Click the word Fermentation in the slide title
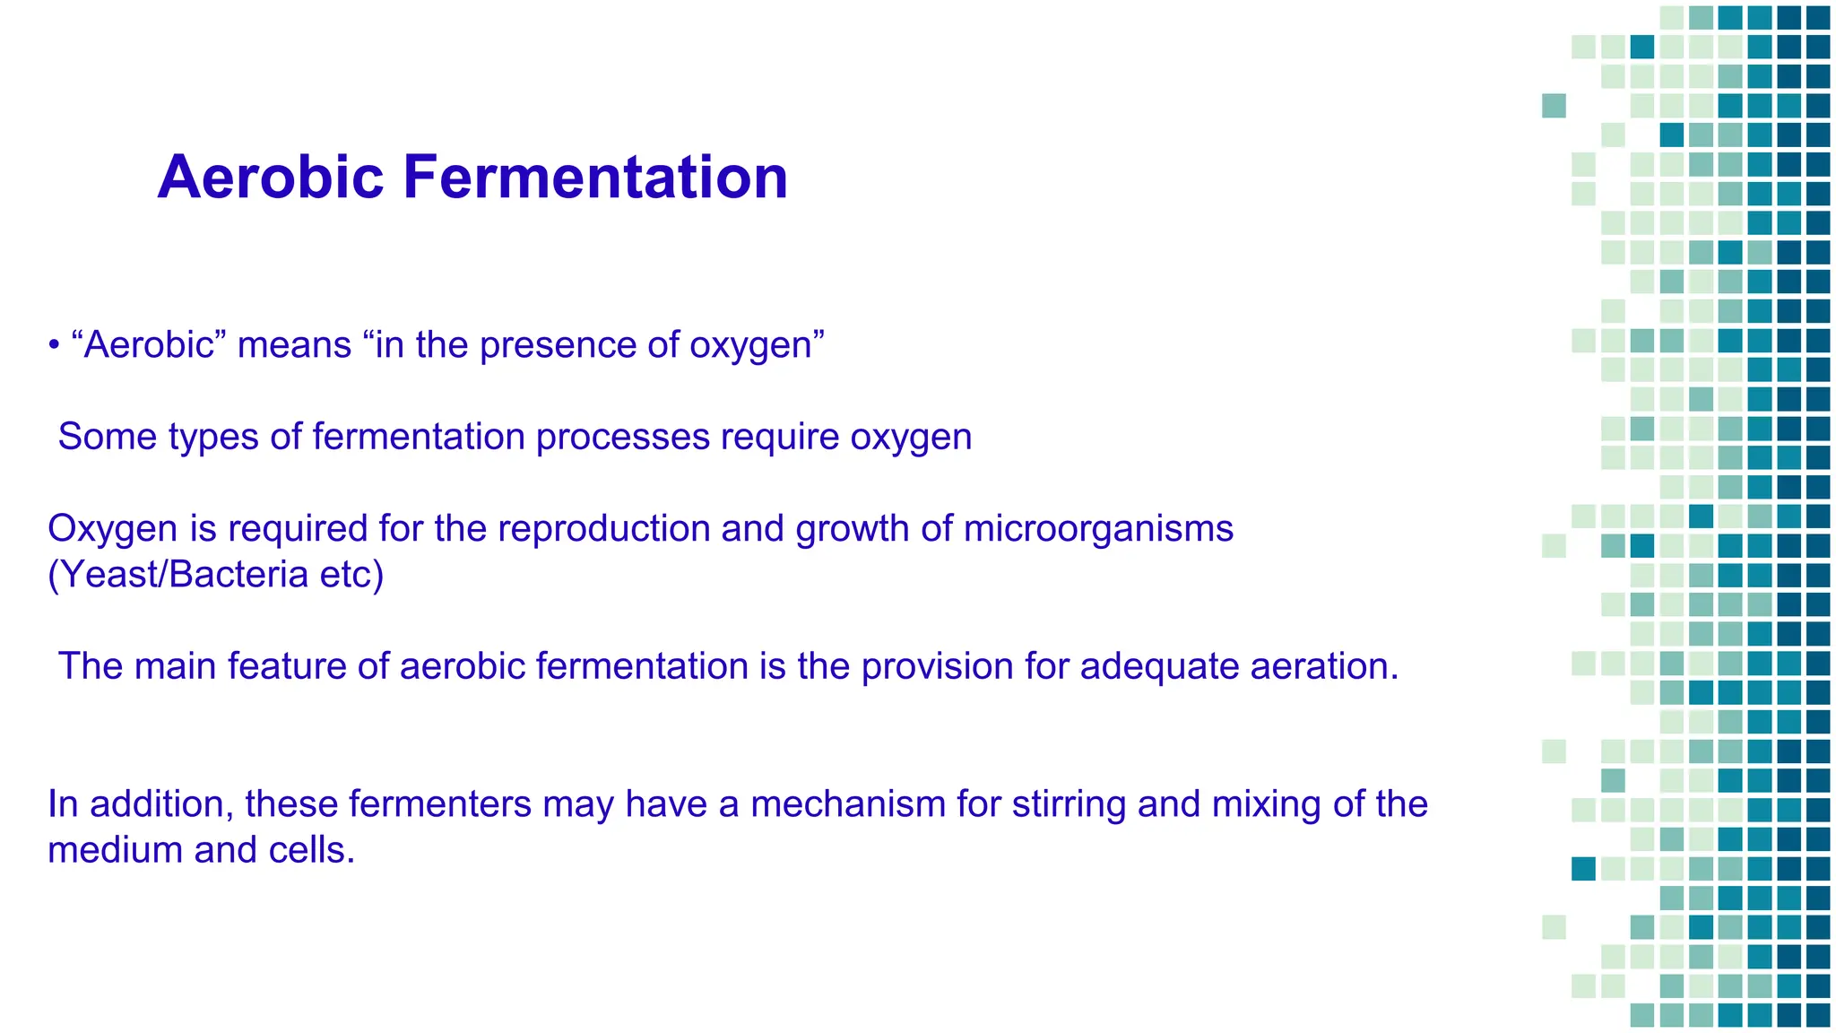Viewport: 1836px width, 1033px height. (595, 178)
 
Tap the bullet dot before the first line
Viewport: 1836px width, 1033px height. (54, 346)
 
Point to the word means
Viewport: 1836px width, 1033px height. (294, 345)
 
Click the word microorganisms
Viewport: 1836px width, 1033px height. (1098, 529)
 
